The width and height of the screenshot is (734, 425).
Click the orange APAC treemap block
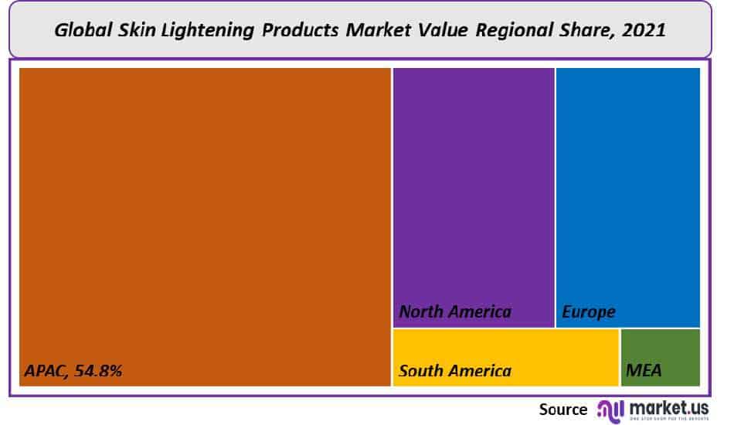coord(205,216)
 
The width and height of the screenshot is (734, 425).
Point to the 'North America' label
coord(455,312)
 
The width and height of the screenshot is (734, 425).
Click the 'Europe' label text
coord(589,312)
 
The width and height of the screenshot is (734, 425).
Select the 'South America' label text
coord(455,371)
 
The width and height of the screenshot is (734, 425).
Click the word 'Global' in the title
coord(83,31)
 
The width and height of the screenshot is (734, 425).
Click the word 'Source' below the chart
coord(563,409)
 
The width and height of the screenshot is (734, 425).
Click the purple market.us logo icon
coord(610,410)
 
